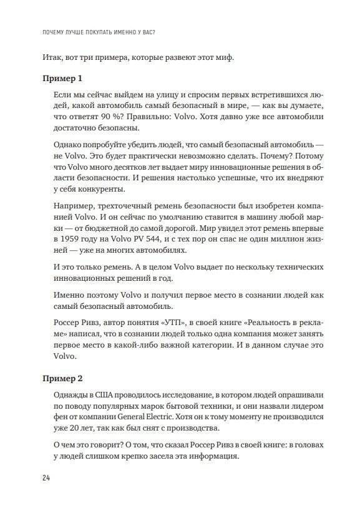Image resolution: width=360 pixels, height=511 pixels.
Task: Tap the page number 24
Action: (x=47, y=477)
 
